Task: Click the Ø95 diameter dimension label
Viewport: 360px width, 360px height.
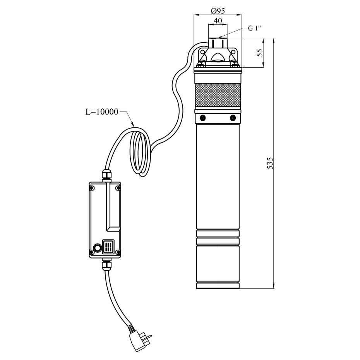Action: pos(218,10)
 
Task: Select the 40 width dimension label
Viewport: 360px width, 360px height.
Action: pos(218,21)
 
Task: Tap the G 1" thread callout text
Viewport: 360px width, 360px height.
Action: pos(254,28)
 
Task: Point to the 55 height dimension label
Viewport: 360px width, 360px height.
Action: pos(259,53)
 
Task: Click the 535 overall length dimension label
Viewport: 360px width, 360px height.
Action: pos(270,163)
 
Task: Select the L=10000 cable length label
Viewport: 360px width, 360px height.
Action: pos(102,112)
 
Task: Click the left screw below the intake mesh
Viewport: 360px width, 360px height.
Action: pos(203,118)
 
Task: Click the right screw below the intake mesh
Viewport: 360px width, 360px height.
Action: pos(233,118)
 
